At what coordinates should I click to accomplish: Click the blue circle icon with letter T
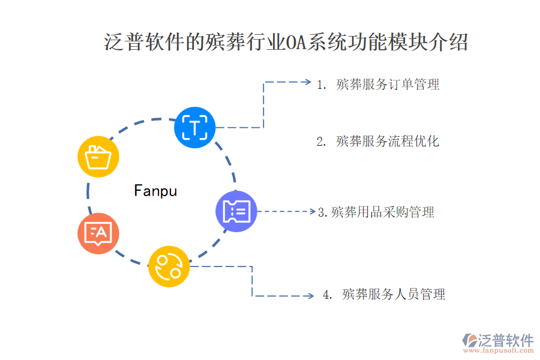pyautogui.click(x=194, y=127)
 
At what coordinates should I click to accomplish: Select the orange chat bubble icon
pyautogui.click(x=98, y=233)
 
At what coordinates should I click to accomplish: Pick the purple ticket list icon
pyautogui.click(x=236, y=211)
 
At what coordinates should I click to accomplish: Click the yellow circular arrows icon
pyautogui.click(x=169, y=266)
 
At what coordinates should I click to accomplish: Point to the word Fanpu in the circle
pyautogui.click(x=155, y=191)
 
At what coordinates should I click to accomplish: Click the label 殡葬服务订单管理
pyautogui.click(x=388, y=84)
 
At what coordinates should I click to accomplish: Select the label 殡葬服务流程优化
pyautogui.click(x=388, y=141)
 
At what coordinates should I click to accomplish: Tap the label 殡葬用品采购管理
pyautogui.click(x=382, y=212)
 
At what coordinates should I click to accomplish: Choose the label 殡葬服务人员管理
pyautogui.click(x=394, y=295)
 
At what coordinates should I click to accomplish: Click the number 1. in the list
pyautogui.click(x=322, y=85)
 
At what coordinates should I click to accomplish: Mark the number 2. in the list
pyautogui.click(x=322, y=142)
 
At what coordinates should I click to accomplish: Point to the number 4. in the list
pyautogui.click(x=328, y=295)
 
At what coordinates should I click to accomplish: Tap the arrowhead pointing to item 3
pyautogui.click(x=312, y=211)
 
